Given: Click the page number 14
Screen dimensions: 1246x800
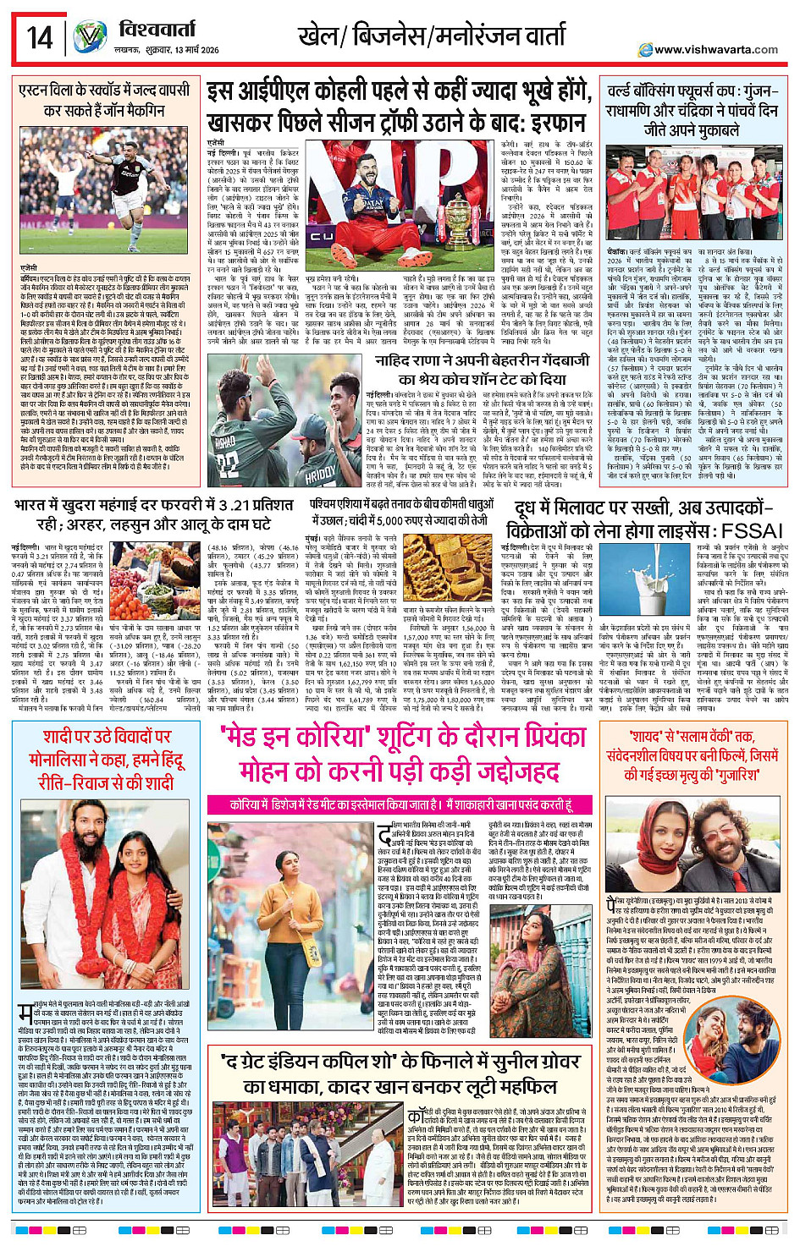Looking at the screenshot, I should click(39, 38).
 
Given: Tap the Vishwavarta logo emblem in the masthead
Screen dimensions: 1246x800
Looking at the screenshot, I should click(91, 38).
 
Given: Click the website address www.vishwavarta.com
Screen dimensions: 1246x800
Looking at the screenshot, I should click(716, 50).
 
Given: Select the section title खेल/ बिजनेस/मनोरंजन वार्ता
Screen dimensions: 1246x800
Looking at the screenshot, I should click(431, 36).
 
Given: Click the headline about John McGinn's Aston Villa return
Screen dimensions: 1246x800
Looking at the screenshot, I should click(104, 100).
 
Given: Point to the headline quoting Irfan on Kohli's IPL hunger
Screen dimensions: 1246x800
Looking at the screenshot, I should click(398, 106).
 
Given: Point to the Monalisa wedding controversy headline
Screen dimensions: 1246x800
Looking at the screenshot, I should click(105, 759).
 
